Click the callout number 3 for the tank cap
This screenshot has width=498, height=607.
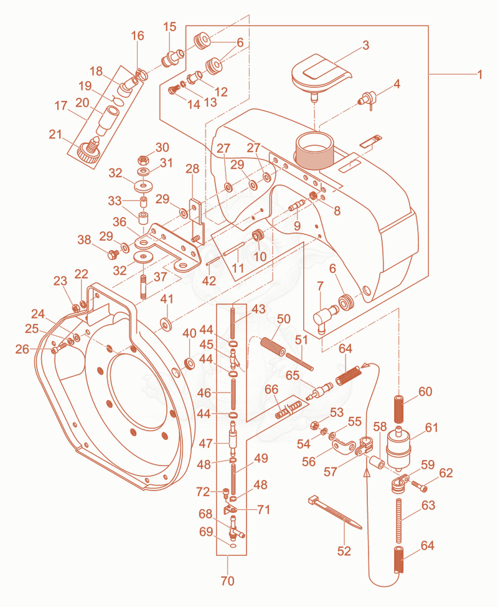366,45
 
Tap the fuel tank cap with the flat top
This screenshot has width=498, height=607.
321,74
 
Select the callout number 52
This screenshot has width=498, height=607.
344,550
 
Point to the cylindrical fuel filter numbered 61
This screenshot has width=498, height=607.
398,447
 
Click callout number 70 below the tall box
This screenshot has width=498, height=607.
228,581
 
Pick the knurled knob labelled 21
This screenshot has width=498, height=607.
89,150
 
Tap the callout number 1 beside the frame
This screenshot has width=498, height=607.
480,74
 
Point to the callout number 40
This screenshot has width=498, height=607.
189,333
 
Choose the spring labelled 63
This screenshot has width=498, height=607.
398,520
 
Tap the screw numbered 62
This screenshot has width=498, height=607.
419,486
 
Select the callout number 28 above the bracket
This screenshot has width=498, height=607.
192,168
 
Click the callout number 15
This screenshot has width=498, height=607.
170,27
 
